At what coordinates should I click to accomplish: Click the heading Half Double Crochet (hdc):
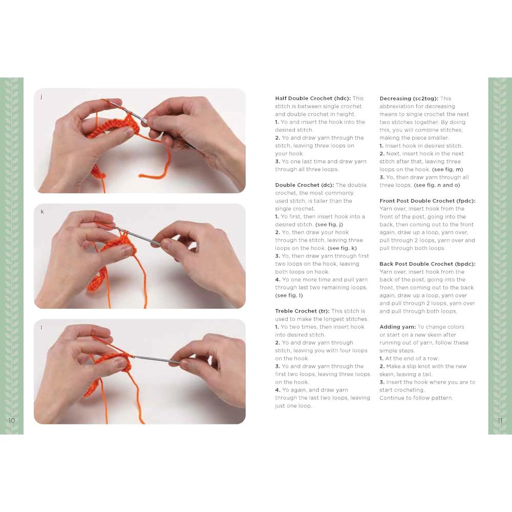(x=313, y=98)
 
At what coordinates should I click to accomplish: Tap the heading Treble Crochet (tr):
(x=302, y=311)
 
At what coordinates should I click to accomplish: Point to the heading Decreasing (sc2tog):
(x=409, y=99)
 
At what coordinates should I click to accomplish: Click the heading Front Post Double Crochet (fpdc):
(x=428, y=201)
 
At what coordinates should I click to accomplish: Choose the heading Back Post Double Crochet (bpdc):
(x=428, y=264)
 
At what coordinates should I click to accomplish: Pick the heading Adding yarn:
(x=397, y=327)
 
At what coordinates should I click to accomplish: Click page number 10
(x=12, y=420)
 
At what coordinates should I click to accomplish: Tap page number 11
(x=500, y=420)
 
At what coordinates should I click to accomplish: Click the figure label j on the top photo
(x=41, y=97)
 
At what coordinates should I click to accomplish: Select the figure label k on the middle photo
(x=42, y=211)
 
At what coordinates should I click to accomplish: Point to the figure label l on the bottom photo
(x=41, y=327)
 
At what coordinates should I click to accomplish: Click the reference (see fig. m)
(x=447, y=169)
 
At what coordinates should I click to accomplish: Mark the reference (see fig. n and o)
(x=437, y=185)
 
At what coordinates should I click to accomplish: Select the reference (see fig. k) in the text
(x=342, y=248)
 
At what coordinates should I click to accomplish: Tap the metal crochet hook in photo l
(x=154, y=359)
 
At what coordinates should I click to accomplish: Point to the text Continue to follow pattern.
(x=416, y=398)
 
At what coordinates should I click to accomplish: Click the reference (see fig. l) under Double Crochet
(x=289, y=295)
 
